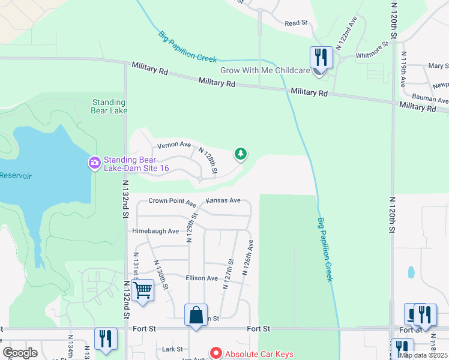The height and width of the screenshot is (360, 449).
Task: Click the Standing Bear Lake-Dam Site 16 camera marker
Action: (x=94, y=163)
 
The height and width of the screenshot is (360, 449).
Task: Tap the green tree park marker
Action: (x=241, y=154)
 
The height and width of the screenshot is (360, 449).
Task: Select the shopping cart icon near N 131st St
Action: (x=143, y=291)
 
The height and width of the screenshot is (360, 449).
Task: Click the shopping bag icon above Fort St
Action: (x=196, y=315)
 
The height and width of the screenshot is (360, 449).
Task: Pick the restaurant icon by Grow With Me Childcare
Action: (x=320, y=58)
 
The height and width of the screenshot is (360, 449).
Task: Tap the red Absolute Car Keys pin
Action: (x=215, y=353)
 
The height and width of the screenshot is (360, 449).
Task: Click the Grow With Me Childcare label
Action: (x=265, y=70)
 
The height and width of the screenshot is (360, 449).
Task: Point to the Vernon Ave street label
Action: (x=173, y=145)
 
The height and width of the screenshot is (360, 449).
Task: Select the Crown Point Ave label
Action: (x=172, y=202)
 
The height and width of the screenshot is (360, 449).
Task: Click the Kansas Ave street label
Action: (x=223, y=200)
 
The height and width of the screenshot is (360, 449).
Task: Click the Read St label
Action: (x=296, y=23)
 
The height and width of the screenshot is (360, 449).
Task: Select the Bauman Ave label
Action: (x=431, y=98)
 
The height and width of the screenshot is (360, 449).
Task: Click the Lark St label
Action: (x=172, y=349)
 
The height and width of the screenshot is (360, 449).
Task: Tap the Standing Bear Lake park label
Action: (x=109, y=106)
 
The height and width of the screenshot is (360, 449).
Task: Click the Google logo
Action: (x=20, y=352)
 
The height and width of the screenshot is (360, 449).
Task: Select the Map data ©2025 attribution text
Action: (x=423, y=355)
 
